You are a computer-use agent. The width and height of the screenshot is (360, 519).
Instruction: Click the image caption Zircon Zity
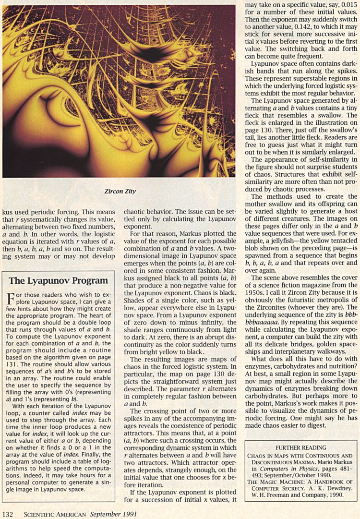click(x=120, y=191)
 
